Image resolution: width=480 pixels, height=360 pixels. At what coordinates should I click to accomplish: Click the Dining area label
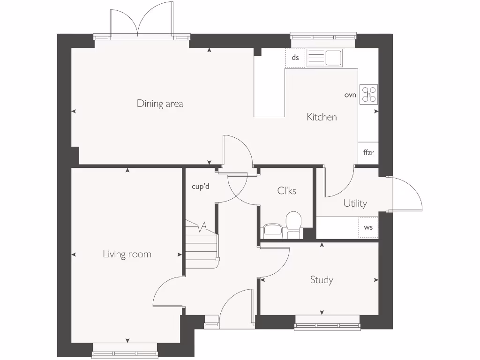[x=160, y=104]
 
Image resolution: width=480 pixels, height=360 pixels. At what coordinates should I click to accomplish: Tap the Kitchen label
[x=322, y=117]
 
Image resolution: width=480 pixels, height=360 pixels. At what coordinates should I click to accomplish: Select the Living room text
[x=127, y=255]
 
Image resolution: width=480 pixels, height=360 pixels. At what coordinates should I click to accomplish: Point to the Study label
[x=322, y=280]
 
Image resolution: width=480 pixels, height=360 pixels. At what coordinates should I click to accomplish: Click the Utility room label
[x=355, y=203]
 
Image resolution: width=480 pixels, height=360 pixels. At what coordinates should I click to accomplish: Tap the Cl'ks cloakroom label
[x=286, y=191]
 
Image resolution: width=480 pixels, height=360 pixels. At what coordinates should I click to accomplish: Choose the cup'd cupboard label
[x=200, y=187]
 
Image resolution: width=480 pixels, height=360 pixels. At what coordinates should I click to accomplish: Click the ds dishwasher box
[x=295, y=58]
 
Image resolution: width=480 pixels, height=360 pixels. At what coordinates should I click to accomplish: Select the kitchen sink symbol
[x=324, y=58]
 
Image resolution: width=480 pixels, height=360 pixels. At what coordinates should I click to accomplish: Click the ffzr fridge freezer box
[x=368, y=153]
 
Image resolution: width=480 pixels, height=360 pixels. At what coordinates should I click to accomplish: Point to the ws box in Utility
[x=368, y=227]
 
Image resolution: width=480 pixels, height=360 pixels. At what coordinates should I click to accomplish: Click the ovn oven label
[x=350, y=95]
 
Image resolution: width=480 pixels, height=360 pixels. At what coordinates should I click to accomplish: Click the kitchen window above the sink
[x=322, y=37]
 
